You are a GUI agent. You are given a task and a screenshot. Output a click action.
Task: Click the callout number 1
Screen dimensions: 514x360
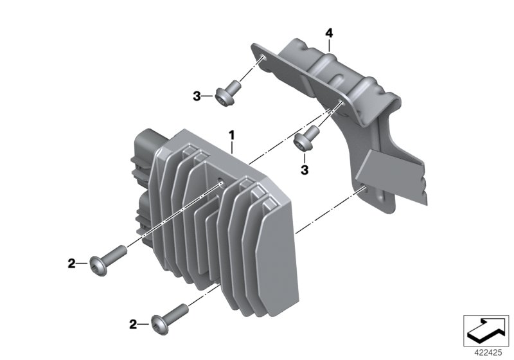click(x=232, y=135)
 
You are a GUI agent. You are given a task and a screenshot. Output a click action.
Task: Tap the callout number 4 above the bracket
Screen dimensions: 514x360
click(x=329, y=33)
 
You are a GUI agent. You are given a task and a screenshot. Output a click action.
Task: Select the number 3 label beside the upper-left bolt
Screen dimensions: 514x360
click(x=197, y=96)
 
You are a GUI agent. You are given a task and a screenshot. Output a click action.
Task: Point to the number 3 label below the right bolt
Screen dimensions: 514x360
click(x=305, y=170)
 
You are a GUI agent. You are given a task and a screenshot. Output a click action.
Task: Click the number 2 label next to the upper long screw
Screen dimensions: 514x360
click(x=71, y=264)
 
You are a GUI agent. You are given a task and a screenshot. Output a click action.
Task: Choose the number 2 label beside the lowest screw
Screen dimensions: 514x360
click(x=133, y=325)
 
